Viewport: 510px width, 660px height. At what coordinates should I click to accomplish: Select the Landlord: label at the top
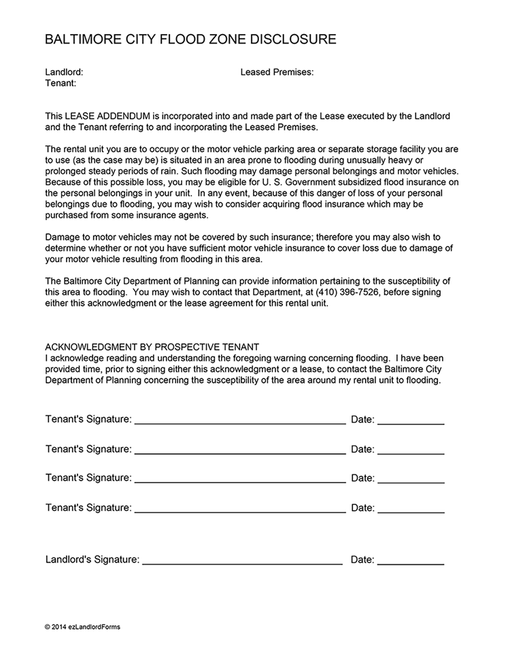coord(64,71)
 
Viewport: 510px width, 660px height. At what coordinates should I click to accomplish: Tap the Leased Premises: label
coord(277,71)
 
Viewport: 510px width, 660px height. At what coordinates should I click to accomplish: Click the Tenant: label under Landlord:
coord(61,83)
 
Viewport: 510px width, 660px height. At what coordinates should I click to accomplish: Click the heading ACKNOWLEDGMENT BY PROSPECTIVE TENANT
coord(152,346)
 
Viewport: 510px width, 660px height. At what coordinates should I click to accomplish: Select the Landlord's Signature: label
coord(92,560)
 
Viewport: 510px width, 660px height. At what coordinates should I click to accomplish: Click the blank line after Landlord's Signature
coord(242,561)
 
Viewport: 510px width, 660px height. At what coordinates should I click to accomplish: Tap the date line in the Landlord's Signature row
coord(410,561)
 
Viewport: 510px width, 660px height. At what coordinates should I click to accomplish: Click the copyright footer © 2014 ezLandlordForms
coord(82,627)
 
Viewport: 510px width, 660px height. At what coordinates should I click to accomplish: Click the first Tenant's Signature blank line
coord(240,421)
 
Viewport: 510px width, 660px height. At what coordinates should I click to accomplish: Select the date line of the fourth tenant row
coord(410,509)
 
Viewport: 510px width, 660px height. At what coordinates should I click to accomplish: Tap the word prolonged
coord(69,171)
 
